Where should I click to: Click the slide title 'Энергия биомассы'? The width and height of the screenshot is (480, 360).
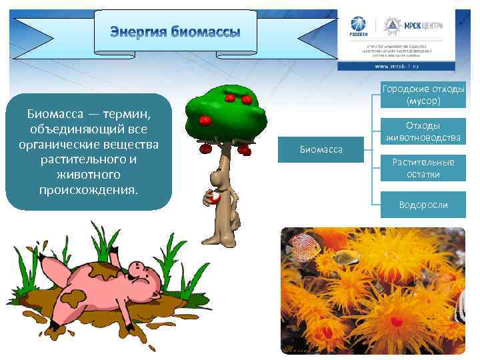point(175,31)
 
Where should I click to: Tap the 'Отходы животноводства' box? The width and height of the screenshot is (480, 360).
point(423,131)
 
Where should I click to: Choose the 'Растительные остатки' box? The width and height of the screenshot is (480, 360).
point(423,168)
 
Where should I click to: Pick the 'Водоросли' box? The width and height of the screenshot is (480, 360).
point(423,205)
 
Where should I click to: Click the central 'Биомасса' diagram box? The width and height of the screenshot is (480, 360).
point(321,150)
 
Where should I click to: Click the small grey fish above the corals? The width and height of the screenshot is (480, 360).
point(343,256)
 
